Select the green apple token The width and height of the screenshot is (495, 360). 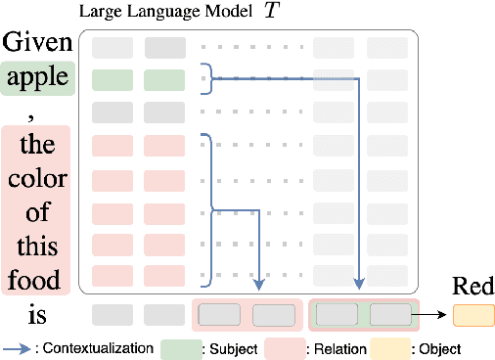point(37,77)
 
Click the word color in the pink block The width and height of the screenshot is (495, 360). point(37,180)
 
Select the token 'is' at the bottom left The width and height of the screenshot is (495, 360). point(37,314)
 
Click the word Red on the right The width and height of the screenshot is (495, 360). point(473,287)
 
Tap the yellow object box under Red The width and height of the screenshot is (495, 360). point(473,315)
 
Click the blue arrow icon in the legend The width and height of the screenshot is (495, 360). point(24,347)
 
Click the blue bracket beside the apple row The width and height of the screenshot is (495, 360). point(205,79)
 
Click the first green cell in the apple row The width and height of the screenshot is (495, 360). point(110,79)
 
